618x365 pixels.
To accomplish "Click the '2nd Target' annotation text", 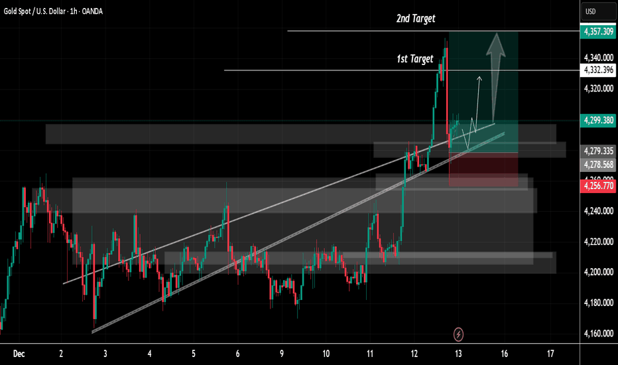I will click(416, 19).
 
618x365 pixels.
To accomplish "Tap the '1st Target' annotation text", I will click(414, 59).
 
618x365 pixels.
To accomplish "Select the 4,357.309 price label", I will click(598, 31).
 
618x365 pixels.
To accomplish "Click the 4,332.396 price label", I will click(598, 70).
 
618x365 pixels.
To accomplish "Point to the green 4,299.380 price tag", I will click(598, 120).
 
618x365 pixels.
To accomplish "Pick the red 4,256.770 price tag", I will click(598, 186).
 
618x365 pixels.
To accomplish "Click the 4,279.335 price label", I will click(598, 151).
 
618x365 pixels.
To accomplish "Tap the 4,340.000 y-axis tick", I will click(598, 58).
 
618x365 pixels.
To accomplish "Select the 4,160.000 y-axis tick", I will click(598, 333).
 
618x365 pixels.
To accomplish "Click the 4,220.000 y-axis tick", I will click(598, 242).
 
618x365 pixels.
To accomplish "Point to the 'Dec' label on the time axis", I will click(18, 353).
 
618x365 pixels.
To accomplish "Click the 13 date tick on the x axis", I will click(458, 353).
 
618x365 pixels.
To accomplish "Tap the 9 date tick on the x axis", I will click(282, 353).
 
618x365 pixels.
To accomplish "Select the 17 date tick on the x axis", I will click(550, 353).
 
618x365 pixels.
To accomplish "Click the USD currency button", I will click(590, 11).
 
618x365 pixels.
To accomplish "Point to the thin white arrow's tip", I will click(479, 76).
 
